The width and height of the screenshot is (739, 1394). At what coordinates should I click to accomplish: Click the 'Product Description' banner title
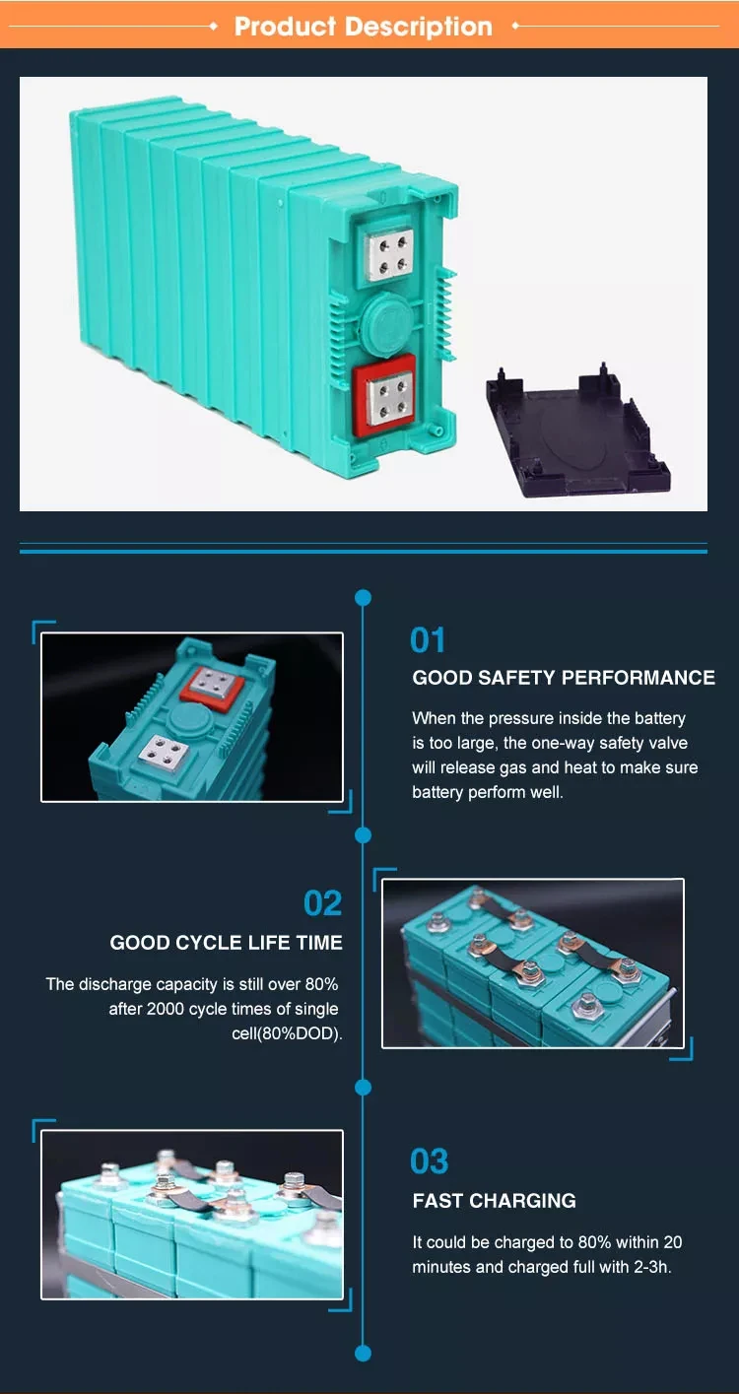364,27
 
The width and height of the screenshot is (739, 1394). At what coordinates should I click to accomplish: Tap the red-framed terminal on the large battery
384,395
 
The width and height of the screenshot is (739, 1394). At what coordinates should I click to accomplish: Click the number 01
427,640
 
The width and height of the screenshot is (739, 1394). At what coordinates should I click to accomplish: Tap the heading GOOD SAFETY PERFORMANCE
564,678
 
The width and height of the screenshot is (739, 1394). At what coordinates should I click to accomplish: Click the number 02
322,903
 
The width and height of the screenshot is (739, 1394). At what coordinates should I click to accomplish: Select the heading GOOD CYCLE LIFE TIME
226,943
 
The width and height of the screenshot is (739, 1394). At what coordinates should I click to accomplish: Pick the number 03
429,1162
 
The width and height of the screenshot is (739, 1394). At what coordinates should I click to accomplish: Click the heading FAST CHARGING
495,1201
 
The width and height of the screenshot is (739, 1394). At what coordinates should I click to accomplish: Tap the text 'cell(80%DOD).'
287,1033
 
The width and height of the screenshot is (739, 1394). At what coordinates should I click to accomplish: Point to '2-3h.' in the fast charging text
652,1267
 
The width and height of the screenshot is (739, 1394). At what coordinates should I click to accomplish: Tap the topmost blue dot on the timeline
363,598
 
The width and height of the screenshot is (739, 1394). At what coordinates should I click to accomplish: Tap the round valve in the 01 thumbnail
190,717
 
